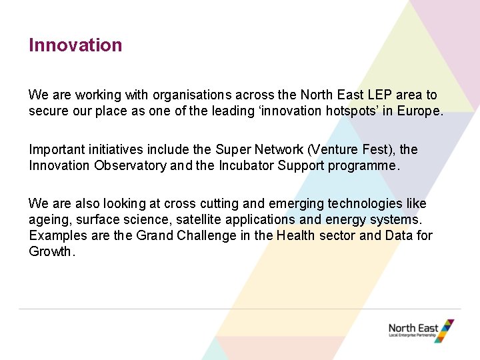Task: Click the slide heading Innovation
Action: point(75,45)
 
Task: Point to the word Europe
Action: point(418,111)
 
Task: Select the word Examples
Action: point(57,235)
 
